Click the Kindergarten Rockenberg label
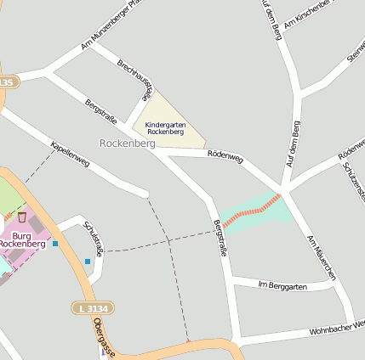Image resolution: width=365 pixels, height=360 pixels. (x=164, y=128)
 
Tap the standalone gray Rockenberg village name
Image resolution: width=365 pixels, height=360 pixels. (x=127, y=143)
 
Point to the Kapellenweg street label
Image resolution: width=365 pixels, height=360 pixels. (x=70, y=153)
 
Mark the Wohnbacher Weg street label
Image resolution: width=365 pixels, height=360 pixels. (x=337, y=327)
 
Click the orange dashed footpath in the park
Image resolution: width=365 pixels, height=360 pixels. (x=251, y=210)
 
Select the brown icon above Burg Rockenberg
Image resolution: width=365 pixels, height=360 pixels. (x=22, y=217)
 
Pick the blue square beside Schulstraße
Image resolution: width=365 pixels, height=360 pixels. (x=87, y=261)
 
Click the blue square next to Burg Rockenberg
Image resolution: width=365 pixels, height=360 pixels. (x=55, y=244)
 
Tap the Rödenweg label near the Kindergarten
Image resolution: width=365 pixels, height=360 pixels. (x=225, y=156)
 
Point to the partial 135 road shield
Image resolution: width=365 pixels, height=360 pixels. (x=7, y=82)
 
